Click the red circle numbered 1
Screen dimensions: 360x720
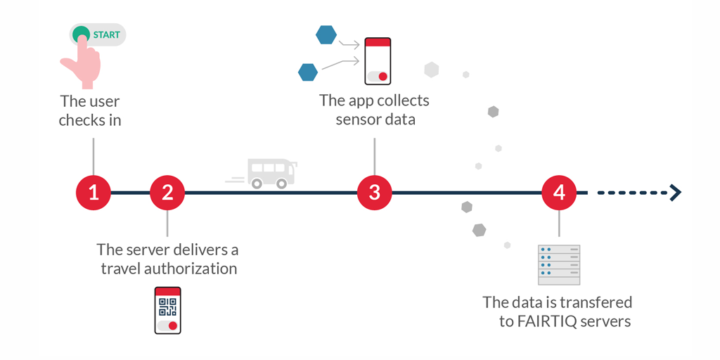pyautogui.click(x=94, y=192)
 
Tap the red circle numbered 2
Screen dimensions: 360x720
pyautogui.click(x=167, y=192)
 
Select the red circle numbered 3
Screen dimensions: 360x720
pyautogui.click(x=374, y=192)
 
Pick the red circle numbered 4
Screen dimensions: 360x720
pyautogui.click(x=559, y=192)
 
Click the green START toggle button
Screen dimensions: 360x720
pyautogui.click(x=98, y=34)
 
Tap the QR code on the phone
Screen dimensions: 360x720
pyautogui.click(x=167, y=307)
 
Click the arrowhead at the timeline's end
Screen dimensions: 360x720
pyautogui.click(x=676, y=192)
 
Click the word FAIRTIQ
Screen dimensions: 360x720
pyautogui.click(x=548, y=321)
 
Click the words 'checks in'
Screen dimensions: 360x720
pyautogui.click(x=90, y=120)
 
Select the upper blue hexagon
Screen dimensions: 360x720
pyautogui.click(x=326, y=34)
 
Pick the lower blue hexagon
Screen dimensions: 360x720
pyautogui.click(x=308, y=72)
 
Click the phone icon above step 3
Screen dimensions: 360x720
pyautogui.click(x=378, y=61)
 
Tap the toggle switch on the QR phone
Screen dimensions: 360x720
pyautogui.click(x=167, y=326)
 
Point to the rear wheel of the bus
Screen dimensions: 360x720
pyautogui.click(x=257, y=184)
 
